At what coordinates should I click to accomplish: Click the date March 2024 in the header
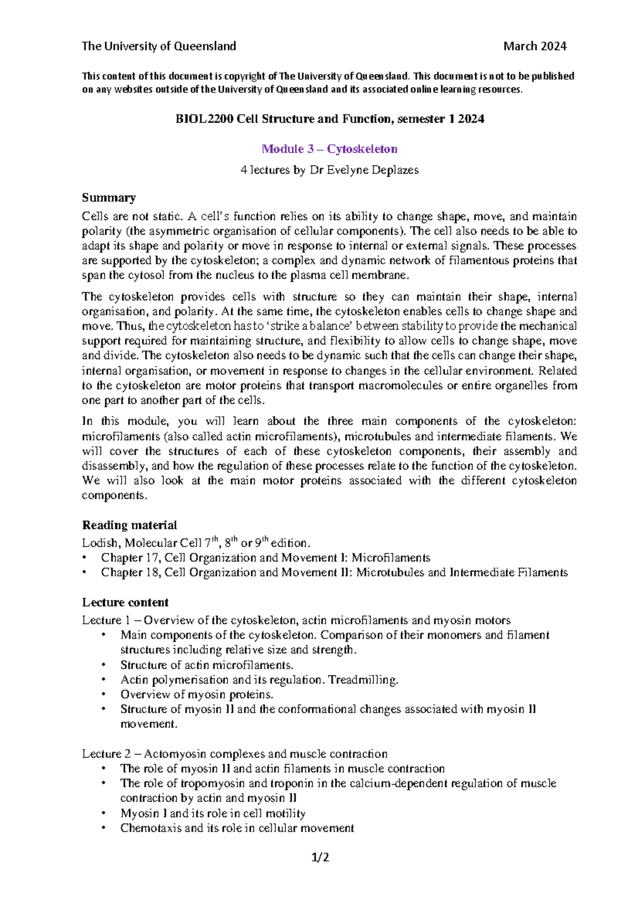tap(534, 46)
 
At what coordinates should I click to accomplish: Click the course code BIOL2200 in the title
tap(204, 119)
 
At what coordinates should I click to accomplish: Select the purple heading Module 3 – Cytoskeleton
tap(329, 149)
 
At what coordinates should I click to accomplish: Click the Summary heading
tap(108, 198)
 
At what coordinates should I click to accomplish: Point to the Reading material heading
tap(129, 525)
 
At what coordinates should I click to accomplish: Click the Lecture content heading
tap(125, 603)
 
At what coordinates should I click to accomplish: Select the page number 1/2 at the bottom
tap(320, 857)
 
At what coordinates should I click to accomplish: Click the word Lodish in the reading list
tap(100, 543)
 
